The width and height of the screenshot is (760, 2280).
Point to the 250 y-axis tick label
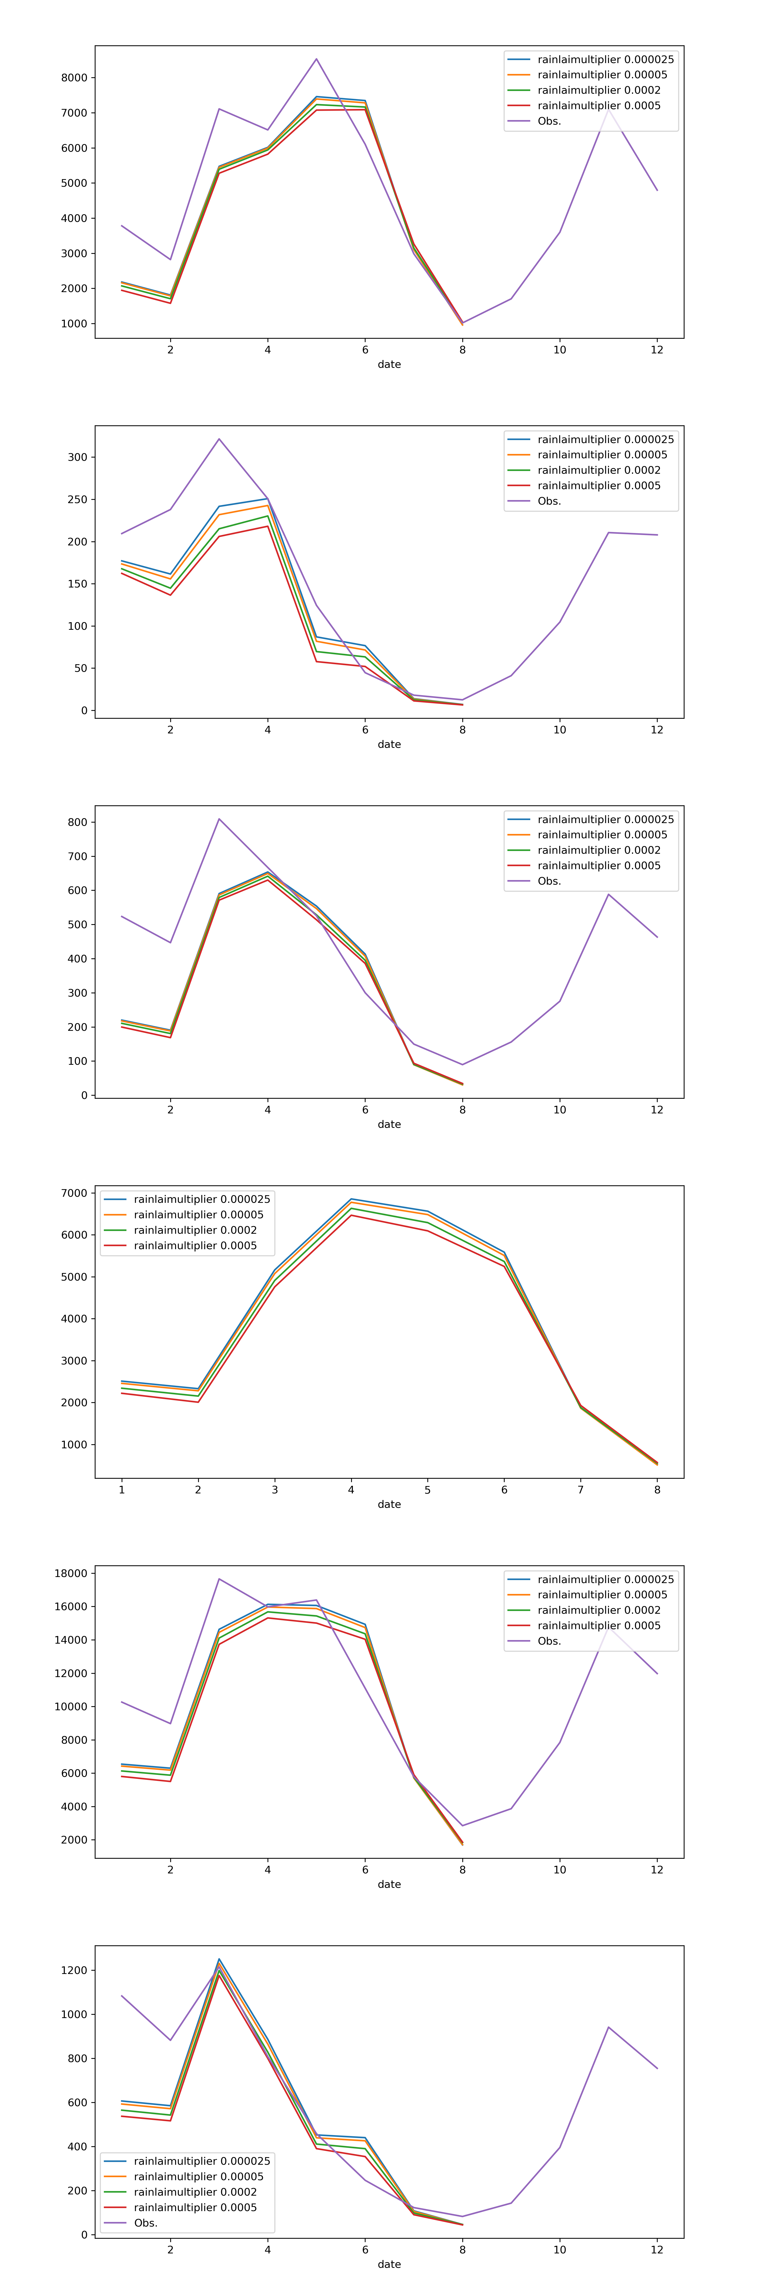pos(78,499)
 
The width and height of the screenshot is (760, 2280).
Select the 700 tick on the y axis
pos(78,856)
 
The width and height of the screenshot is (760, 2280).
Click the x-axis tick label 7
pos(580,1490)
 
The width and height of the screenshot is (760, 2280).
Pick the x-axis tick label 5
pos(427,1490)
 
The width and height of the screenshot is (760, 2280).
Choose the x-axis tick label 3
pos(274,1490)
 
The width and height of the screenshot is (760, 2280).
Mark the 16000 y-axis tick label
pos(71,1606)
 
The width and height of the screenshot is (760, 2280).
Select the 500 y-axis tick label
pos(78,924)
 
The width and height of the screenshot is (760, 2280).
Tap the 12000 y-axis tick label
pos(71,1673)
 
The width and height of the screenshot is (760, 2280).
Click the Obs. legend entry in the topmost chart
pos(548,121)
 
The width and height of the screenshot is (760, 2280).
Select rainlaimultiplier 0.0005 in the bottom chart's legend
pos(195,2208)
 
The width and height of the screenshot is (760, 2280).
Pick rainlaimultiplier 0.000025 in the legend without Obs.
pos(202,1199)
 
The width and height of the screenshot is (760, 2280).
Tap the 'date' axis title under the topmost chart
pos(389,364)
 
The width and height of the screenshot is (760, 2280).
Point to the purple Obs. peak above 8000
pos(316,59)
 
